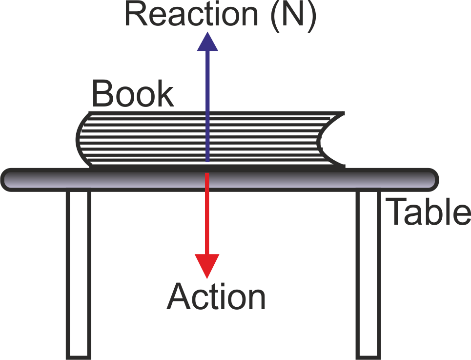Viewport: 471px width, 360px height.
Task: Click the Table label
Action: point(429,212)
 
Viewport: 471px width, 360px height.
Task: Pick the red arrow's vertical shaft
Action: point(207,215)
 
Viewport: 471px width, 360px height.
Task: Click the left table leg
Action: point(78,274)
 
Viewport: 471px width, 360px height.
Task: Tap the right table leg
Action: point(368,274)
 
